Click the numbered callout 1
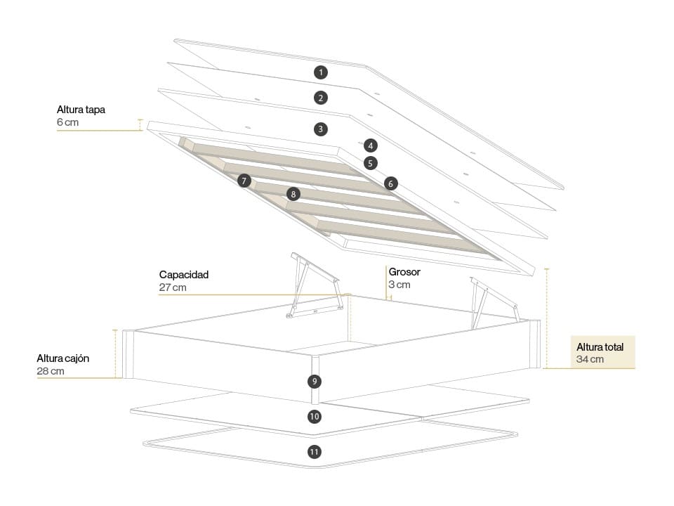[321, 72]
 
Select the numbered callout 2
[321, 98]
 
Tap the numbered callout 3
[321, 129]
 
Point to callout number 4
[371, 145]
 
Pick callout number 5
[371, 163]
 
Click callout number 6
[391, 183]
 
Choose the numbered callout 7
[244, 181]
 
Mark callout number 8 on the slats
[293, 193]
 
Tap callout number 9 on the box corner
[315, 382]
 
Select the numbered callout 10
[315, 417]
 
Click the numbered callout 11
[315, 452]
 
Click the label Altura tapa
[81, 110]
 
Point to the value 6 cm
[68, 122]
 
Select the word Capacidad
[184, 275]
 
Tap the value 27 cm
[173, 287]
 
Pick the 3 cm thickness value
[399, 285]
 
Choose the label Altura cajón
[63, 358]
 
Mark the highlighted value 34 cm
[590, 360]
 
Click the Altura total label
[600, 347]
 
